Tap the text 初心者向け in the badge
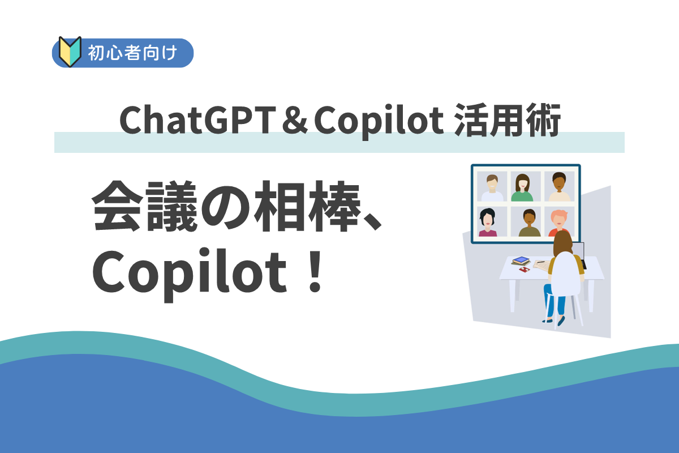coord(133,53)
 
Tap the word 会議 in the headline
coord(147,208)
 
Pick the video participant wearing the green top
coord(522,187)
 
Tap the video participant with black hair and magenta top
coord(488,222)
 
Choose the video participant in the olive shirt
coord(530,223)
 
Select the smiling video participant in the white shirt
coord(491,187)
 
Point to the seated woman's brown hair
coord(563,245)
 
